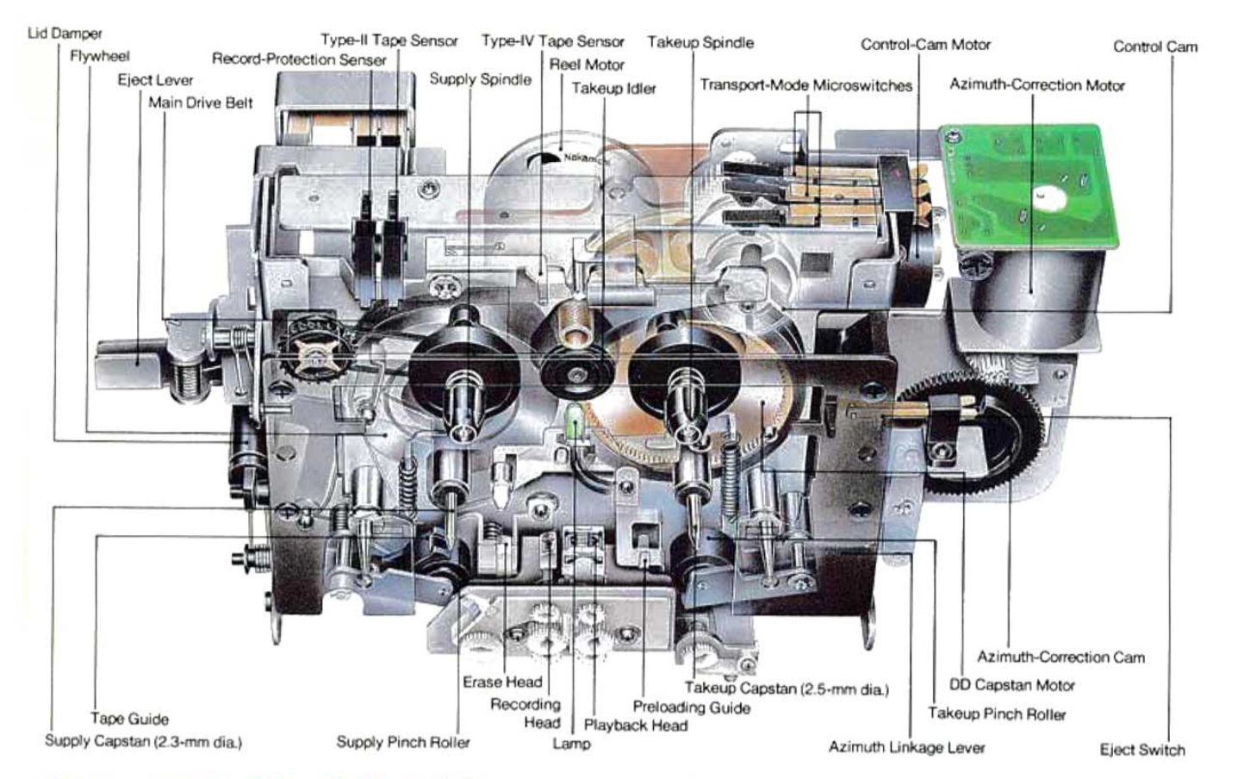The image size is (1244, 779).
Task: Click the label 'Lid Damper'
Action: (x=65, y=34)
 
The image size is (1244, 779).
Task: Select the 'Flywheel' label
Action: (x=100, y=56)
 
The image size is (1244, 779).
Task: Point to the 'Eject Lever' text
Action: (x=155, y=80)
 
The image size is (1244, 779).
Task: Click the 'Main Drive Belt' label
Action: (x=201, y=103)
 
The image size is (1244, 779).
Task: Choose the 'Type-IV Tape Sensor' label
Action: (x=552, y=41)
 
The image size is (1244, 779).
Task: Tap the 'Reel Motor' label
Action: (x=587, y=65)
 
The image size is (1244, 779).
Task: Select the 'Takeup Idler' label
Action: (x=613, y=88)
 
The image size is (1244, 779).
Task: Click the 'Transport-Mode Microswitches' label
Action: (x=805, y=85)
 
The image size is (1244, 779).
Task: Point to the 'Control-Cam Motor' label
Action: (x=925, y=44)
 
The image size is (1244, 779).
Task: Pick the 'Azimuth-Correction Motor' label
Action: (x=1037, y=84)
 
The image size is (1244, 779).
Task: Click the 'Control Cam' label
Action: (x=1154, y=47)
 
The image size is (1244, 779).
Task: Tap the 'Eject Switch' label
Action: (x=1142, y=750)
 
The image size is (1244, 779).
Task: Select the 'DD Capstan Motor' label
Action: (x=1012, y=685)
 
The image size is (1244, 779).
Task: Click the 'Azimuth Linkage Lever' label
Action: (x=906, y=747)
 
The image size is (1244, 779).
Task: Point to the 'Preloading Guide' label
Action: (x=691, y=707)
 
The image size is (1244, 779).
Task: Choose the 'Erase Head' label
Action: (x=502, y=682)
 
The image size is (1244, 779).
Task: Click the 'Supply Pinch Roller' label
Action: (x=403, y=742)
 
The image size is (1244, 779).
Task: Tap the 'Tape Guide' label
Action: (x=129, y=719)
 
